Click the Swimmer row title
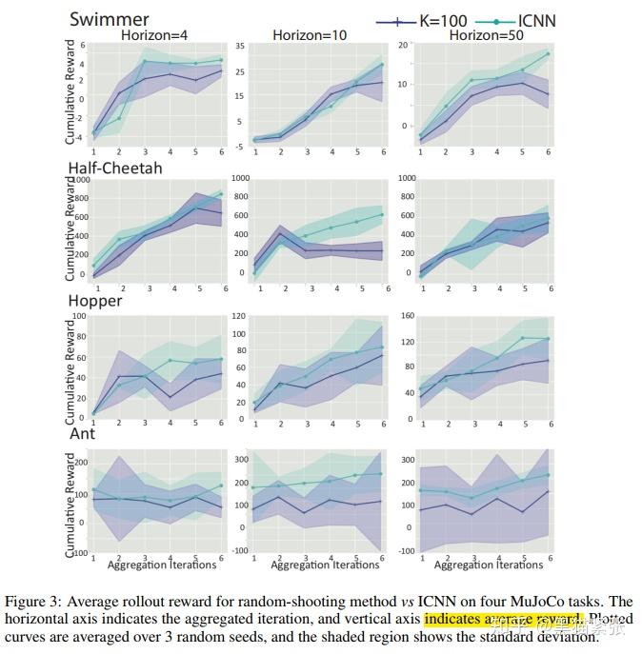108,19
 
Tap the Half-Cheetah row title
115,168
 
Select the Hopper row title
95,300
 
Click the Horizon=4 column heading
154,35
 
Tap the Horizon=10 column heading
310,35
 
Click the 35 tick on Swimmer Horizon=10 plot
241,46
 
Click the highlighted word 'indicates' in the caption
453,620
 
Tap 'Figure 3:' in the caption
32,602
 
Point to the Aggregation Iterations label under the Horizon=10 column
325,565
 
